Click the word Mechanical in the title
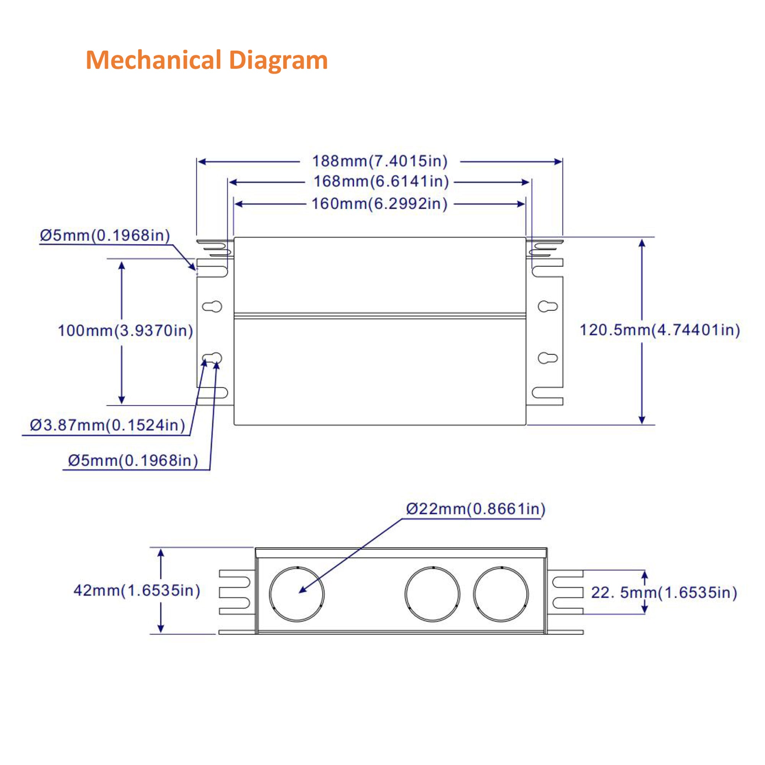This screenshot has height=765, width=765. click(153, 60)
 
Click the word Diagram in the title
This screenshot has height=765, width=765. click(278, 60)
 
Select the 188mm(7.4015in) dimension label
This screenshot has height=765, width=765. click(380, 161)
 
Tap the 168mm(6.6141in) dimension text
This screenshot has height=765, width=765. click(381, 181)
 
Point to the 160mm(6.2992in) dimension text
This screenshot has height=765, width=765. click(379, 203)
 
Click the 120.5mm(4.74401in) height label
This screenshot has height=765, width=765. click(660, 330)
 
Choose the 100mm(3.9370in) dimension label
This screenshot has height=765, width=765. click(125, 330)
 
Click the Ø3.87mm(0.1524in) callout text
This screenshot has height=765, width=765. click(107, 425)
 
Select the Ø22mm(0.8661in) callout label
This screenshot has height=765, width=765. click(475, 509)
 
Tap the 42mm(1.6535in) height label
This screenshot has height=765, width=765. click(137, 590)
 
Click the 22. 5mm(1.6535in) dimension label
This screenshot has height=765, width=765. click(664, 593)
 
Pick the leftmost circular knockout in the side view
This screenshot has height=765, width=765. click(296, 594)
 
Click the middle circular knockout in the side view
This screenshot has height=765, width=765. click(432, 594)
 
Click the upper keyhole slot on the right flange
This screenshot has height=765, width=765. click(548, 306)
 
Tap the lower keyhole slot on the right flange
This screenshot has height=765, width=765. click(548, 358)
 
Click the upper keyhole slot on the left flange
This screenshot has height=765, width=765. click(212, 306)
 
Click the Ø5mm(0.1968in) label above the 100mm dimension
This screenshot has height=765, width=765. click(105, 236)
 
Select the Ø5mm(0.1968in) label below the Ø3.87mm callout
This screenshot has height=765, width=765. click(133, 461)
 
